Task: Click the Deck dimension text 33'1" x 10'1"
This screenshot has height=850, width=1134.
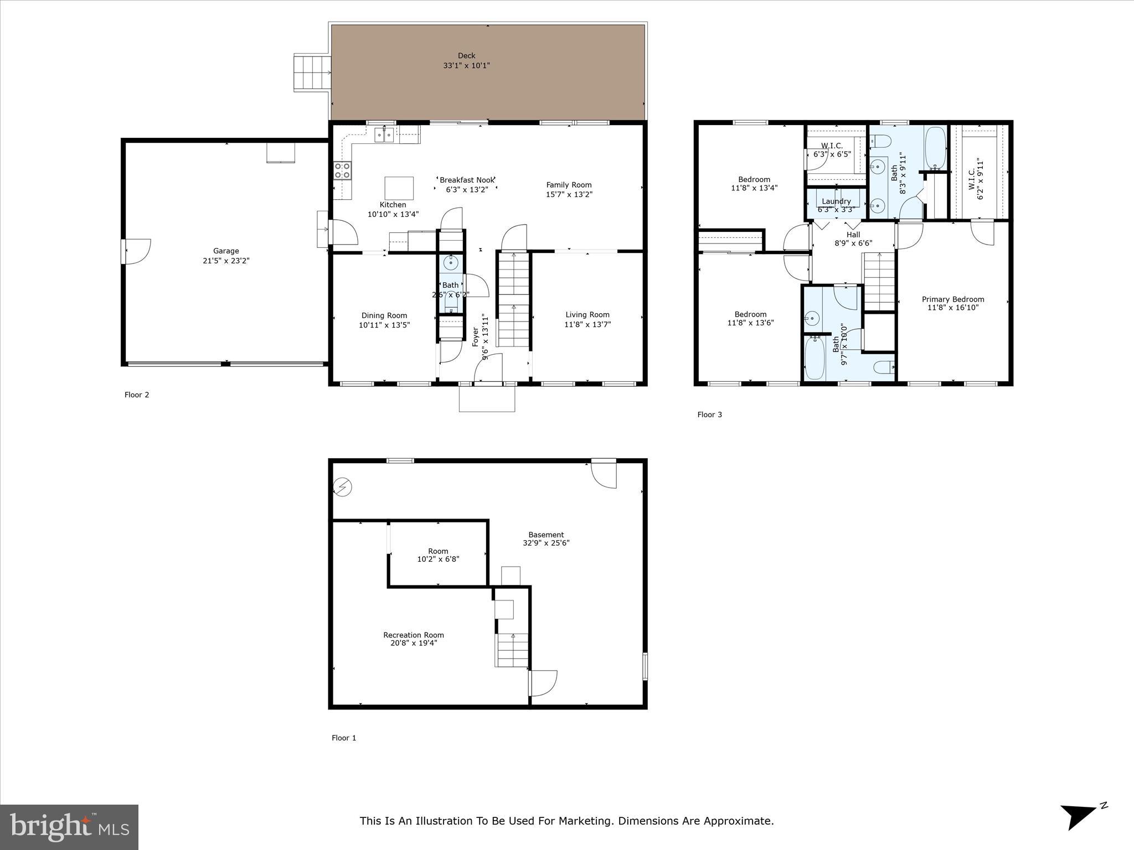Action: pyautogui.click(x=466, y=66)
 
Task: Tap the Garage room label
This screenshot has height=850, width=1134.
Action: pyautogui.click(x=226, y=251)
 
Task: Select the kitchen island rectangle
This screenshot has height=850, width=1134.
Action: pyautogui.click(x=399, y=188)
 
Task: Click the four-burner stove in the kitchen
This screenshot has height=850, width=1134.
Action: pyautogui.click(x=342, y=170)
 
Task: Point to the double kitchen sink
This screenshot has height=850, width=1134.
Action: pyautogui.click(x=384, y=134)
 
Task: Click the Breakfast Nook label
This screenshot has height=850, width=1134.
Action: pyautogui.click(x=467, y=180)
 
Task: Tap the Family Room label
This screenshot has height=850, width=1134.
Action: pyautogui.click(x=569, y=185)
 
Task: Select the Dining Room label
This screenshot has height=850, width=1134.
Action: pyautogui.click(x=384, y=316)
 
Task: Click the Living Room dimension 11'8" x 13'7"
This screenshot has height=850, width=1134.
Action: pyautogui.click(x=587, y=325)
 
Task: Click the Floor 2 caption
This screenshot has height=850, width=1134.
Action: pyautogui.click(x=137, y=395)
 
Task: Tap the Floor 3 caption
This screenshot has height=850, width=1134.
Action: pyautogui.click(x=709, y=415)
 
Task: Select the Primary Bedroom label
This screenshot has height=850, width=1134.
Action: pyautogui.click(x=953, y=299)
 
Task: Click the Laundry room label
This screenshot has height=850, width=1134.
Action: pyautogui.click(x=836, y=201)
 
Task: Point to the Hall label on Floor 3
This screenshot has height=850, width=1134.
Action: pyautogui.click(x=853, y=235)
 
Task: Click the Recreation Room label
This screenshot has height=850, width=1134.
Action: pyautogui.click(x=414, y=635)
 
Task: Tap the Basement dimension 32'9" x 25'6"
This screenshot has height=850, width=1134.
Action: pyautogui.click(x=546, y=543)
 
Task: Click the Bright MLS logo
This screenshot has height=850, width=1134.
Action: pyautogui.click(x=69, y=827)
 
